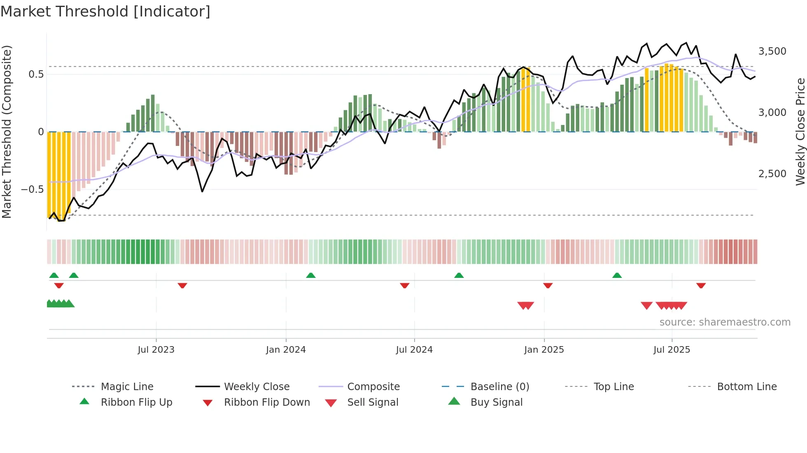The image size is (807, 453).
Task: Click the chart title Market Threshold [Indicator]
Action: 105,12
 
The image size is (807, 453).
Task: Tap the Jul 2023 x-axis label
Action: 156,349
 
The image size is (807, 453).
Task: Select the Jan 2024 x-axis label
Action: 286,349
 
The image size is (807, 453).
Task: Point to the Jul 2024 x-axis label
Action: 414,349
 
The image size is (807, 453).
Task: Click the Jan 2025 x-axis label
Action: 544,349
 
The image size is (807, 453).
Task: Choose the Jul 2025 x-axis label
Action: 672,349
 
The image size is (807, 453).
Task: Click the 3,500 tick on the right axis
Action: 772,51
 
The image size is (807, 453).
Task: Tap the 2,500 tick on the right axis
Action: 772,174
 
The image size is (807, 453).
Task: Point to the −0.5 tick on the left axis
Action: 33,190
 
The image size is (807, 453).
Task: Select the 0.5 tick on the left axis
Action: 36,74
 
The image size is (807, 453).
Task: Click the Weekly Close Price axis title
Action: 800,132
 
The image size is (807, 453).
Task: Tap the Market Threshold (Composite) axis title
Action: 7,132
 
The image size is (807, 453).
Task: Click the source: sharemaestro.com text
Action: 725,322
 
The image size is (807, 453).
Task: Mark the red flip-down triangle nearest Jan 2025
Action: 548,285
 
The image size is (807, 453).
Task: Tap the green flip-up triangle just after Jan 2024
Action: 311,275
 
